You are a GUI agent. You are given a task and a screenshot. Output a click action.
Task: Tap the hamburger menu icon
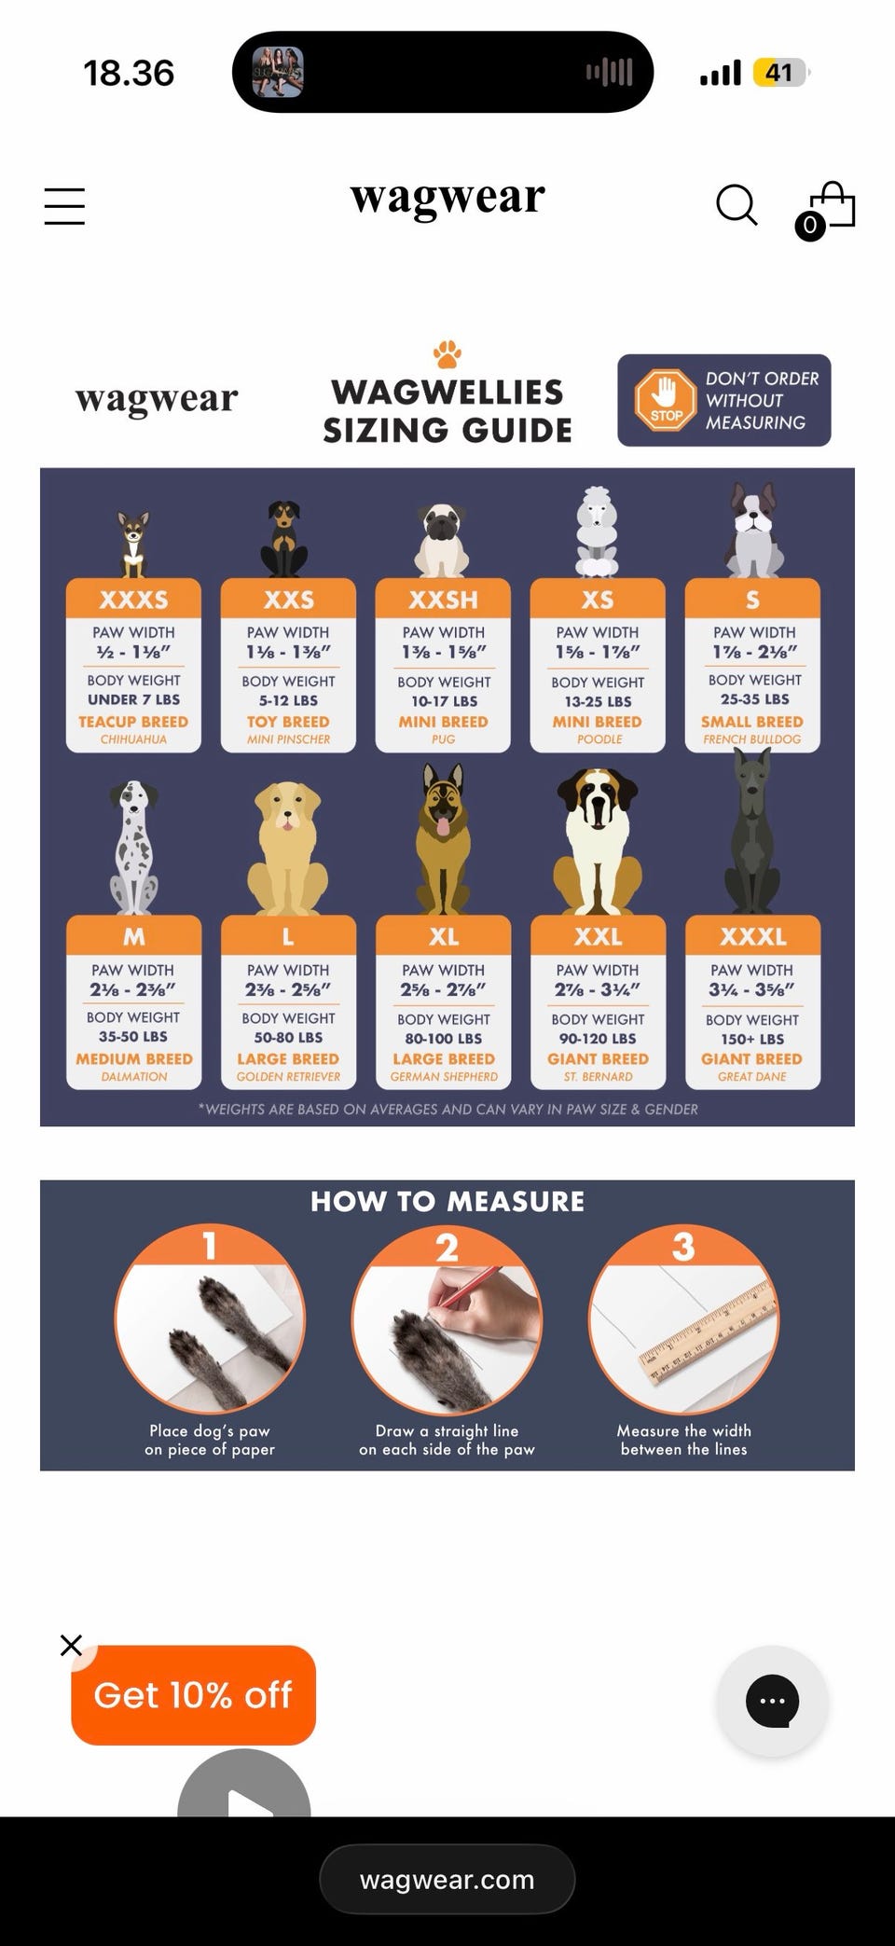point(64,206)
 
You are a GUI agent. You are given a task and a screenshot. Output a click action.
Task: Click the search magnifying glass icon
point(737,205)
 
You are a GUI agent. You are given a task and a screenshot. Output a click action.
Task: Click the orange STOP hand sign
point(666,400)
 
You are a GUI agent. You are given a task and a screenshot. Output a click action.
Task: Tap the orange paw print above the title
point(447,354)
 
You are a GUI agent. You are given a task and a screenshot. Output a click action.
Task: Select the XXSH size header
point(443,599)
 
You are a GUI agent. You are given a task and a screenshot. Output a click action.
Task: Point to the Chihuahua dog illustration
point(133,545)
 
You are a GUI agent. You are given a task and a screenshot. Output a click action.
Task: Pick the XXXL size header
point(752,935)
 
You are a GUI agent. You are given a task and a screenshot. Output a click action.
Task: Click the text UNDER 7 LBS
point(133,699)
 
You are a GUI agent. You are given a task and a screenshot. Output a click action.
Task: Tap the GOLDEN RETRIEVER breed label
point(288,1077)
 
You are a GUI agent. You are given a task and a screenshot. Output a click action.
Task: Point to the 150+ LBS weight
point(752,1039)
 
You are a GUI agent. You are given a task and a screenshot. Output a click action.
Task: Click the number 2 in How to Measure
point(447,1248)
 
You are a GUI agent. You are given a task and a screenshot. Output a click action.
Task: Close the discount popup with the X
point(71,1645)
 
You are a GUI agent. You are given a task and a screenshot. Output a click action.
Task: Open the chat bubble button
point(772,1702)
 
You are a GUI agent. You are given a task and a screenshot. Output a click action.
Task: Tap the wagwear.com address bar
point(447,1879)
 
